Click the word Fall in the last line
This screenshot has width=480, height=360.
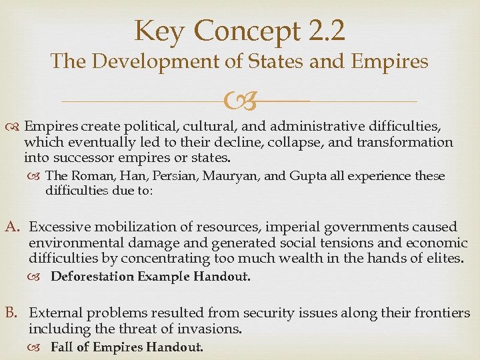[x=61, y=347]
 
